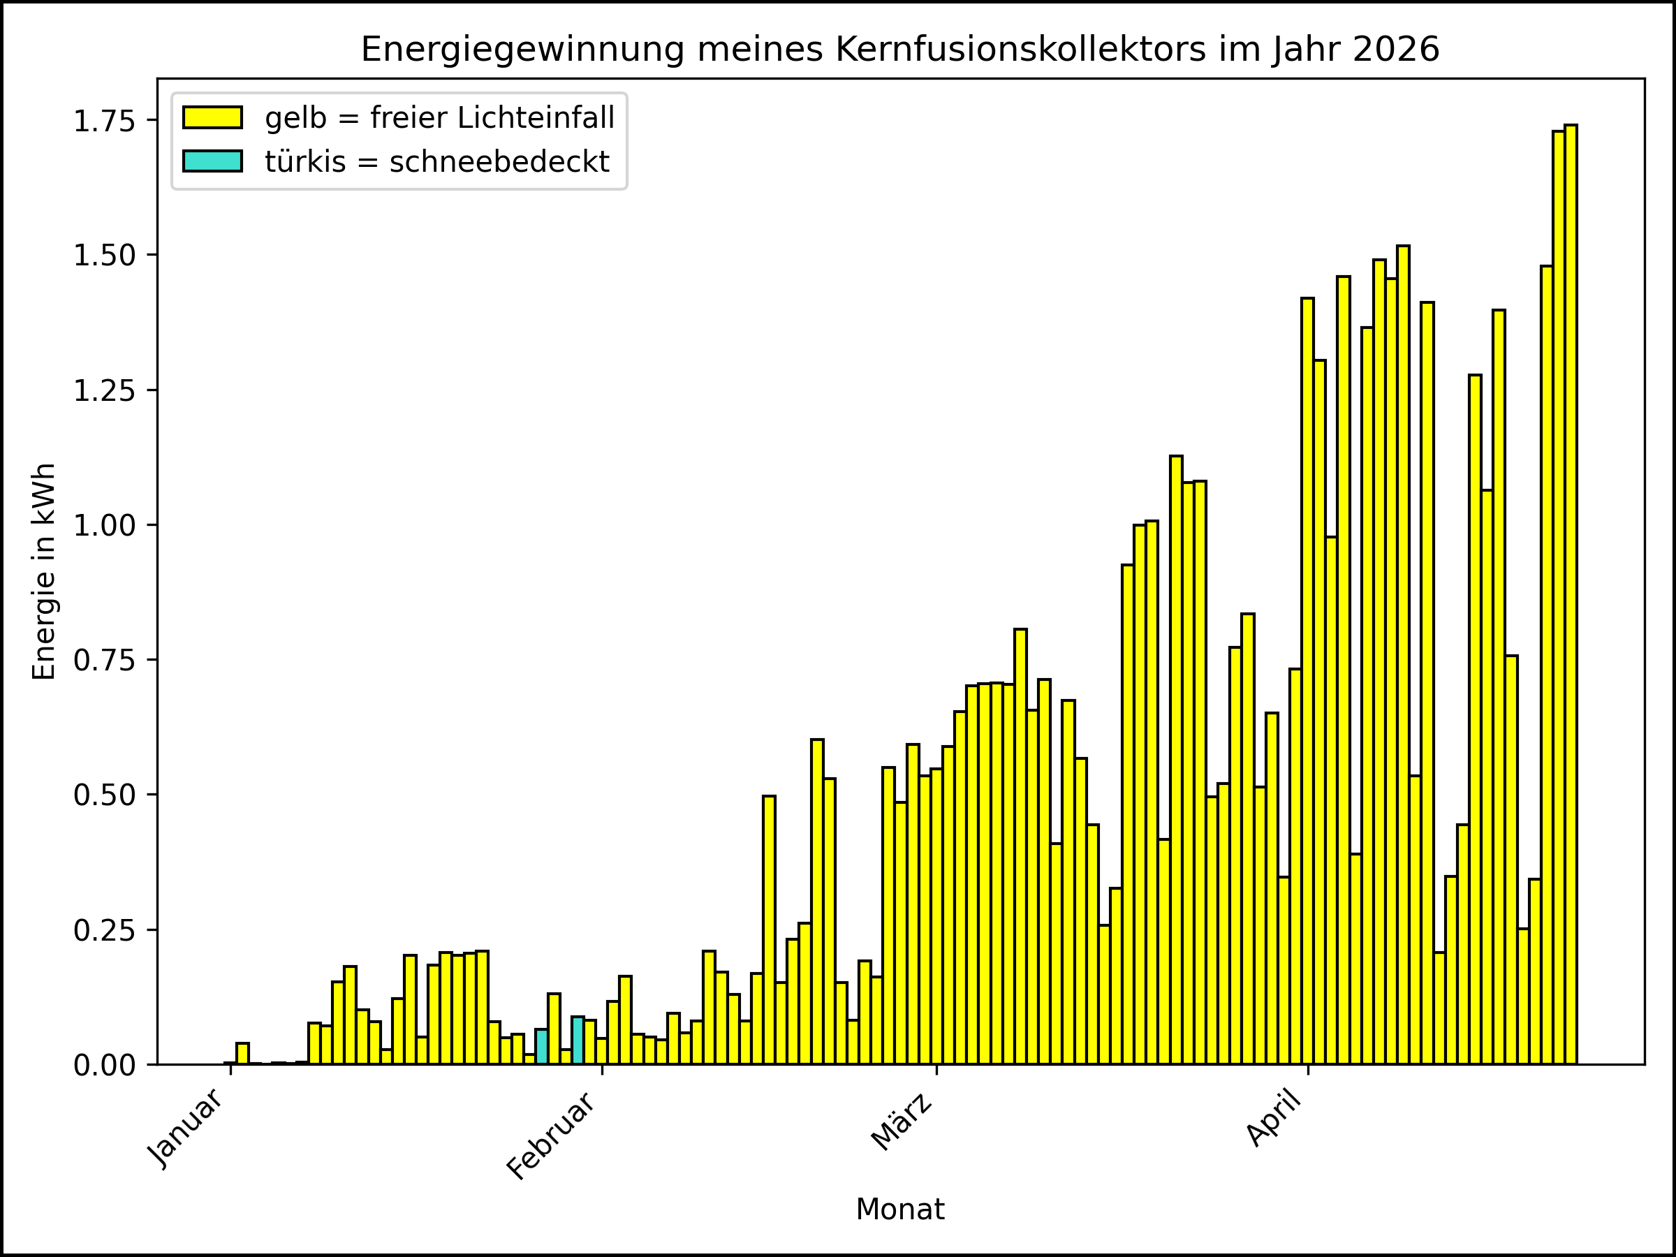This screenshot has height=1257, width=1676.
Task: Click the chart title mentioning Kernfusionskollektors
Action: (x=899, y=50)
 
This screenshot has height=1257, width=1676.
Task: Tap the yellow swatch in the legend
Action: (x=212, y=117)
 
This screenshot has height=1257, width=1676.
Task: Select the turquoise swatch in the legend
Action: (x=212, y=161)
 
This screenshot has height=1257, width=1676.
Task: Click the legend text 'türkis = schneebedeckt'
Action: (x=437, y=161)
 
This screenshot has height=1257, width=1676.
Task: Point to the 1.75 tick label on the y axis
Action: (x=104, y=121)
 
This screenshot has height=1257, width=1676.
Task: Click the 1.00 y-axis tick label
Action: (x=104, y=525)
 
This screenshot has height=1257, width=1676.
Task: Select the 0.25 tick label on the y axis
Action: (x=104, y=930)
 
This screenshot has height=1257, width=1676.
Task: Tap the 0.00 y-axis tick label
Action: (x=104, y=1065)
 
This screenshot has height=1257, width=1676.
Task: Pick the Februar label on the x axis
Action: (x=552, y=1135)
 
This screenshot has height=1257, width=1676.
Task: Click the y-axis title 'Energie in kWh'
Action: (x=44, y=571)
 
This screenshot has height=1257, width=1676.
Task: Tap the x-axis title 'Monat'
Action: (x=899, y=1210)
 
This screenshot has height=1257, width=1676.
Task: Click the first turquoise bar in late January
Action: (x=541, y=1046)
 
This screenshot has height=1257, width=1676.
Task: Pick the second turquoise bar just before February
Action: (x=578, y=1041)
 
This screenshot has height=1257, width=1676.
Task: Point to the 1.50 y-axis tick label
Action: (x=104, y=256)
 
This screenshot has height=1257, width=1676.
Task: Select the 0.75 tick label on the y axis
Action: (x=104, y=660)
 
